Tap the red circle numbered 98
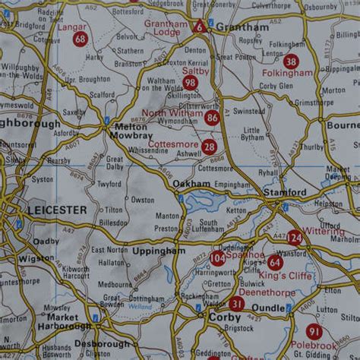[x=190, y=83]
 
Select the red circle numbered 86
[x=212, y=117]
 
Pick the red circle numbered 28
[x=209, y=147]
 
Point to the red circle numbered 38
[x=291, y=61]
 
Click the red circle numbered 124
[x=295, y=238]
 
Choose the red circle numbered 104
[x=218, y=258]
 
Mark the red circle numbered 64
[x=275, y=262]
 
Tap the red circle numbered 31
[x=237, y=304]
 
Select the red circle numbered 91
[x=314, y=331]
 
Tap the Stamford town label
[x=285, y=193]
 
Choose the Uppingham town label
[x=159, y=250]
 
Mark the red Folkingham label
[x=287, y=73]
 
